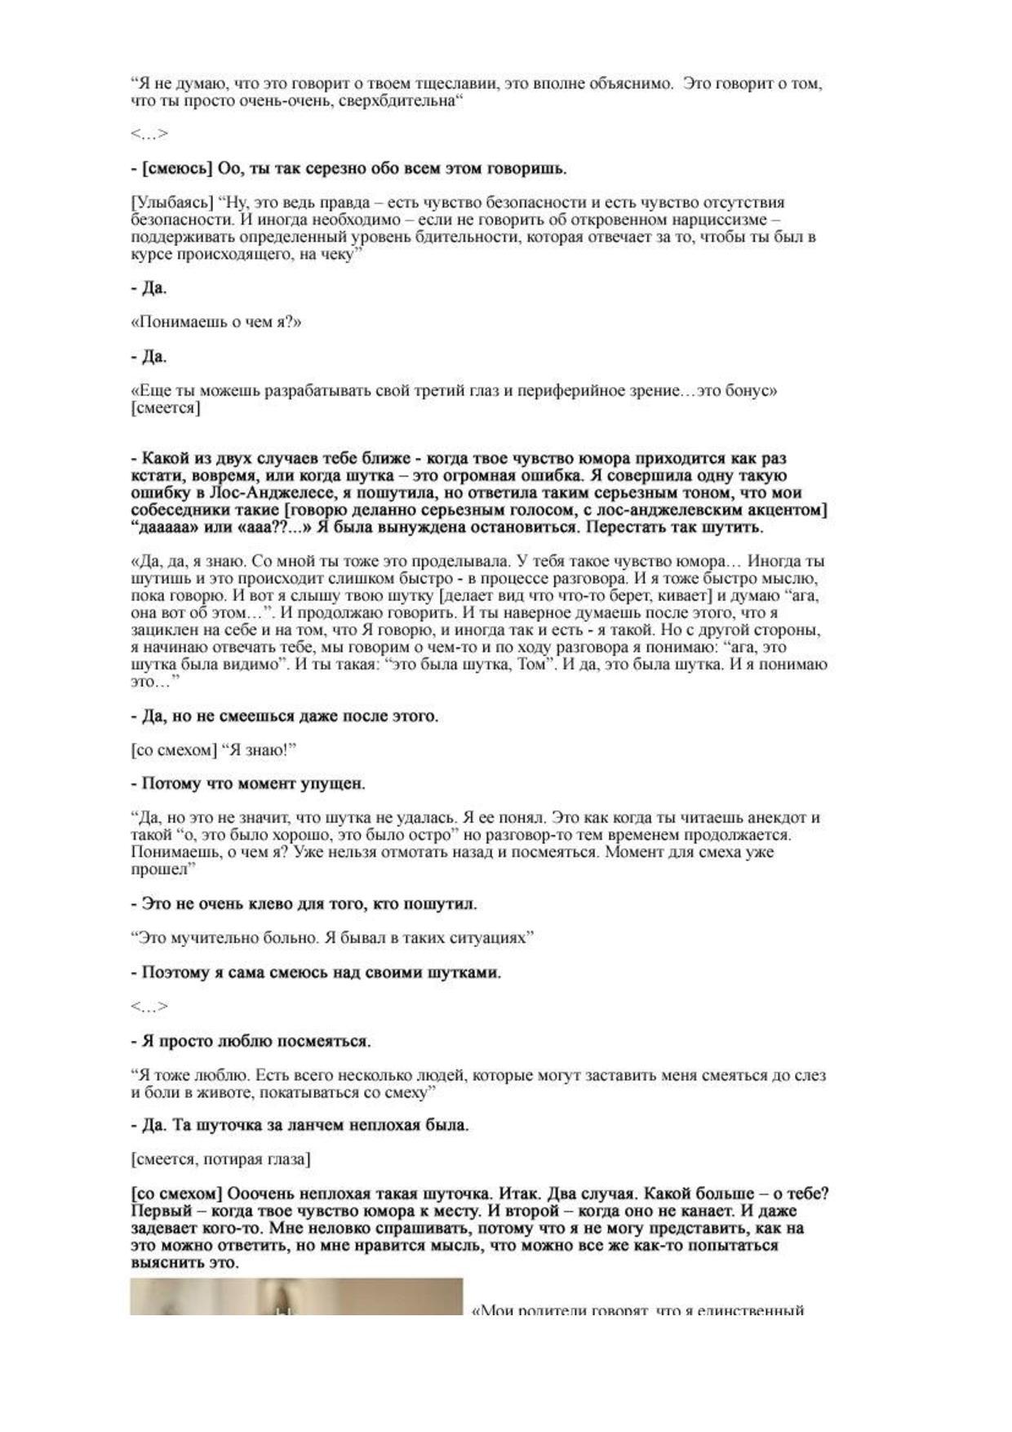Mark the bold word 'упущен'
coord(330,784)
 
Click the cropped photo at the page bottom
coord(296,1296)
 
